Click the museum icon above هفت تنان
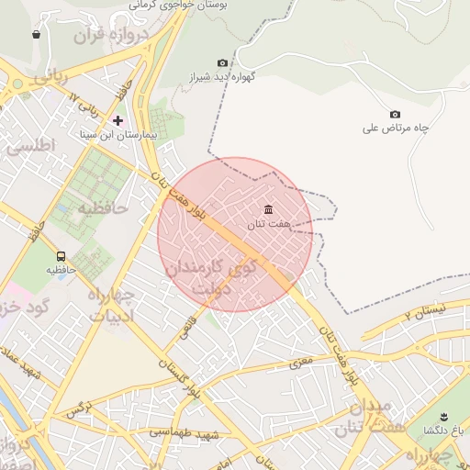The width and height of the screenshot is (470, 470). click(268, 209)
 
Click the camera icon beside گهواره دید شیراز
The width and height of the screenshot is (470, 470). click(222, 62)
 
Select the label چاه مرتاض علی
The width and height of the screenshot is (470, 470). click(397, 129)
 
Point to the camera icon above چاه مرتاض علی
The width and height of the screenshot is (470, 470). click(396, 114)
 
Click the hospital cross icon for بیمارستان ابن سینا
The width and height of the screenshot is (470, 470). click(117, 120)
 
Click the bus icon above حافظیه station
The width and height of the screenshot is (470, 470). click(61, 256)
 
